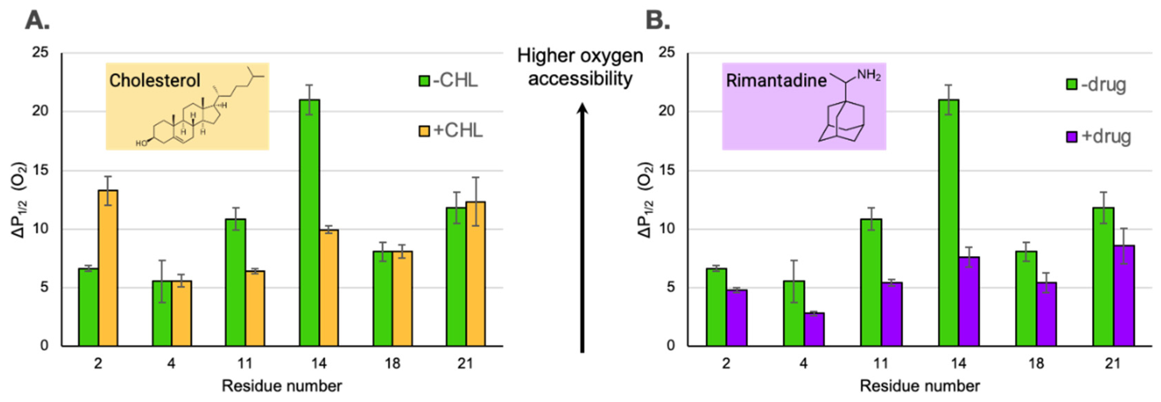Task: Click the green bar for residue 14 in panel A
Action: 309,223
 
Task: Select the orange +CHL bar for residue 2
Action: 108,268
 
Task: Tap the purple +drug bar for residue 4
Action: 814,329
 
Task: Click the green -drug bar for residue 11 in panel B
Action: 871,283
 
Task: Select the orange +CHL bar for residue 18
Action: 402,299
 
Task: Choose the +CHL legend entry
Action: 451,131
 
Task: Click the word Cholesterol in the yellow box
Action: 155,81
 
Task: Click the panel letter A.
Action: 37,20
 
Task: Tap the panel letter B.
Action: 658,20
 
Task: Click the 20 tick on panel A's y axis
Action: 40,111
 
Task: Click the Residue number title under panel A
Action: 282,386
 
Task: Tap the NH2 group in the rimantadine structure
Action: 868,75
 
